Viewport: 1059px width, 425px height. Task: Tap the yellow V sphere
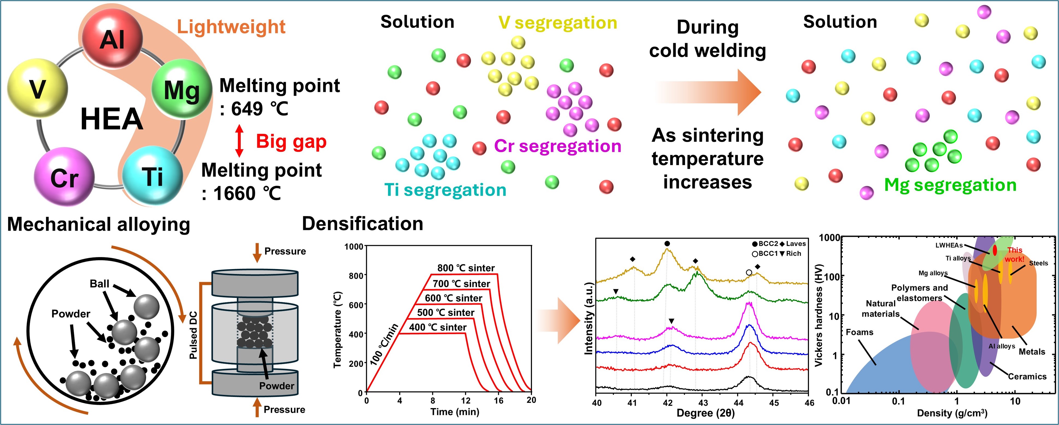37,88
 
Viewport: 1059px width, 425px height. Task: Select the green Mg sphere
182,89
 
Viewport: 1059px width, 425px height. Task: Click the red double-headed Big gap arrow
239,141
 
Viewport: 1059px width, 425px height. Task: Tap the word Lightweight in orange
231,27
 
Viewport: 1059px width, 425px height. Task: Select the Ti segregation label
445,190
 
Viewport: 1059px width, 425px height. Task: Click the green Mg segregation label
950,185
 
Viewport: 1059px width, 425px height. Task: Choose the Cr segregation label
557,146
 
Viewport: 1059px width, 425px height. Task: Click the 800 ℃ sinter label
466,268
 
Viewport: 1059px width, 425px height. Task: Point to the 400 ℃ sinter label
437,327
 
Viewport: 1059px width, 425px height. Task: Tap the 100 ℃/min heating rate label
384,344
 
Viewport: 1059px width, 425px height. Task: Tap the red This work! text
1014,254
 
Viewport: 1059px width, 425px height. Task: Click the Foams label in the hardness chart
859,332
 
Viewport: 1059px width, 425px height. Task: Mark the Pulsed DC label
193,335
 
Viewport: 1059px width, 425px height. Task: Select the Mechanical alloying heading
99,225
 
